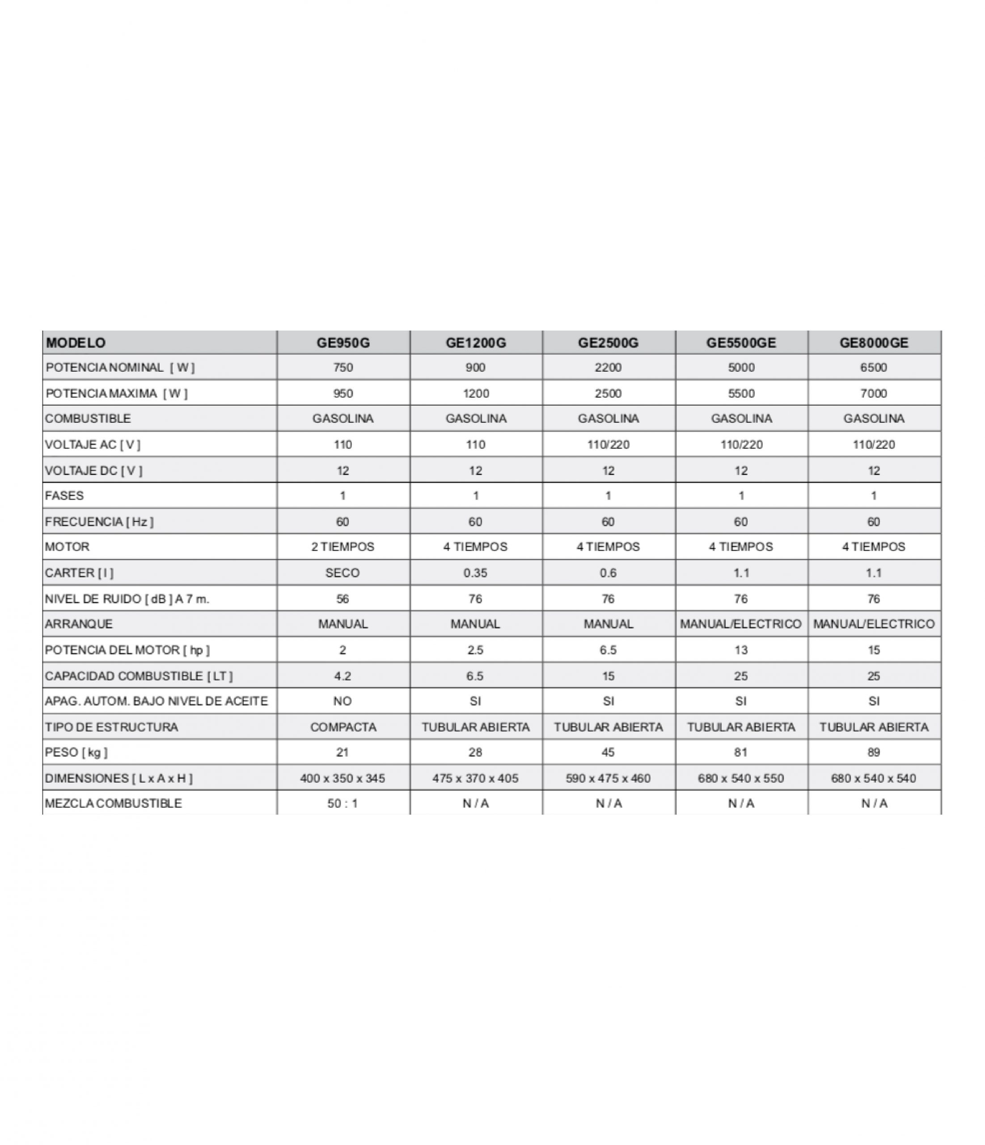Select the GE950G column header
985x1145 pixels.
(x=343, y=343)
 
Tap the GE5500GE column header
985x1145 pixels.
(x=741, y=343)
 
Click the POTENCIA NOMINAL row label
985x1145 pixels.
(x=120, y=368)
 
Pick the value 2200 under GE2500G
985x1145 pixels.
(x=608, y=368)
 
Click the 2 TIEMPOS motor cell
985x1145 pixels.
(x=342, y=547)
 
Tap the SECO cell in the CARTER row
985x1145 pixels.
(x=342, y=572)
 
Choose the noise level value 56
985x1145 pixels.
(x=342, y=598)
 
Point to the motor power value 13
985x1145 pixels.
(x=741, y=650)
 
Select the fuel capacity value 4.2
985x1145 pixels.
(x=342, y=676)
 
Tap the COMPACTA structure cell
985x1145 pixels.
(x=343, y=727)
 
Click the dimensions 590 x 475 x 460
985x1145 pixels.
(x=608, y=778)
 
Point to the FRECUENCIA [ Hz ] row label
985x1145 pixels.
(x=99, y=522)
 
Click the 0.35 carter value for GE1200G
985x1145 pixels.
(x=475, y=572)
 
